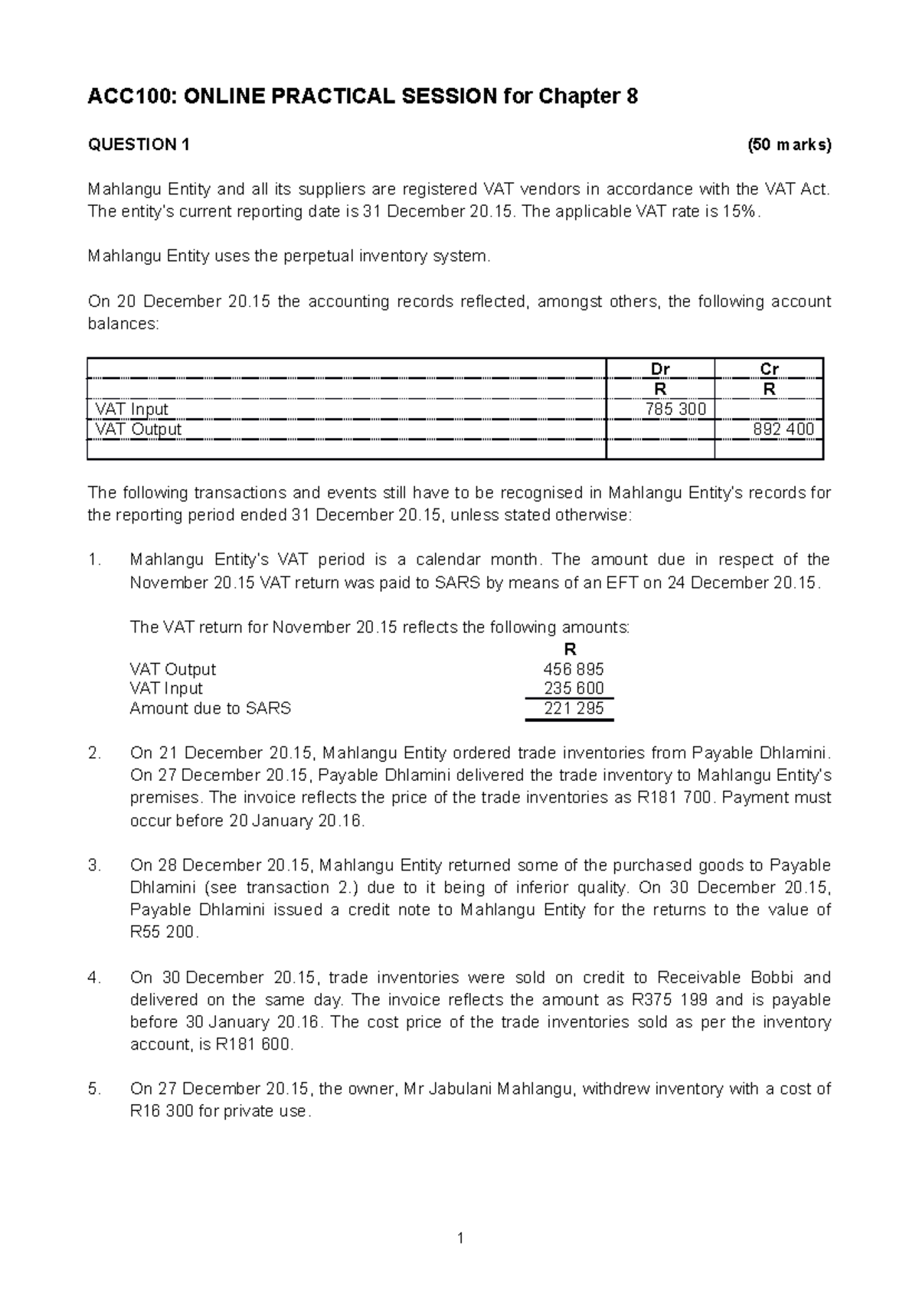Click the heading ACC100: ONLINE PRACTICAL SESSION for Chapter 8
click(x=363, y=97)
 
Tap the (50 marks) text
click(x=789, y=145)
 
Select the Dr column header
click(x=659, y=369)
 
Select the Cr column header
click(x=769, y=369)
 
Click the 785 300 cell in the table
click(x=675, y=409)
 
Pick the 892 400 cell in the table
click(x=783, y=430)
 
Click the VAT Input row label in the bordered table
click(x=131, y=409)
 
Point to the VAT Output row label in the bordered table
click(x=138, y=430)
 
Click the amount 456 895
click(x=573, y=669)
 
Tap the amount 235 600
click(x=573, y=688)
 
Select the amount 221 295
click(x=573, y=708)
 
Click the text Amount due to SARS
click(x=210, y=708)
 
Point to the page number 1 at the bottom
click(x=459, y=1238)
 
